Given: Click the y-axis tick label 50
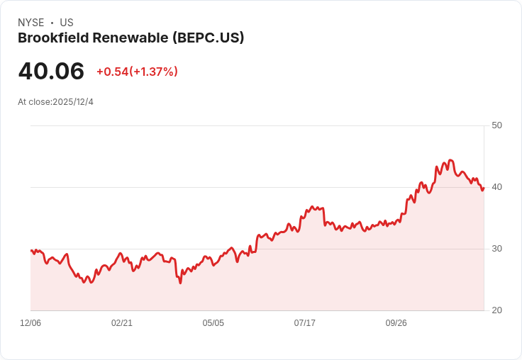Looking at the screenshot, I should [x=496, y=125].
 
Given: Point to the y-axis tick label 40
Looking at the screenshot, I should [x=496, y=187].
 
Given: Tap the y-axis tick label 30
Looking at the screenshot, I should [x=496, y=249].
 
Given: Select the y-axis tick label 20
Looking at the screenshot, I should [x=496, y=310].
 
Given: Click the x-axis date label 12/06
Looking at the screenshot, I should [x=30, y=323].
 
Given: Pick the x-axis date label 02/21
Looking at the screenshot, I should [x=122, y=323].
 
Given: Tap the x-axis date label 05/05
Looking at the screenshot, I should [x=213, y=323].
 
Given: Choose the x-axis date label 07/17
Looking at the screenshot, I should [x=304, y=323].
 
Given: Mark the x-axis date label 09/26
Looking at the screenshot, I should [x=396, y=323].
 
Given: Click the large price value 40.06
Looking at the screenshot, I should [x=51, y=71].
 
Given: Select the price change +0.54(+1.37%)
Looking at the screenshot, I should [x=137, y=72].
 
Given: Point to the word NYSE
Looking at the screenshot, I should [x=30, y=23].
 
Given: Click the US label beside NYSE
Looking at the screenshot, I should [x=67, y=23].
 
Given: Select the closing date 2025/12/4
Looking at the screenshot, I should [x=73, y=102].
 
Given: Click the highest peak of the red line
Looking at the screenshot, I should [x=450, y=160].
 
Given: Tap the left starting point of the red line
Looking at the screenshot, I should [x=31, y=250].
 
